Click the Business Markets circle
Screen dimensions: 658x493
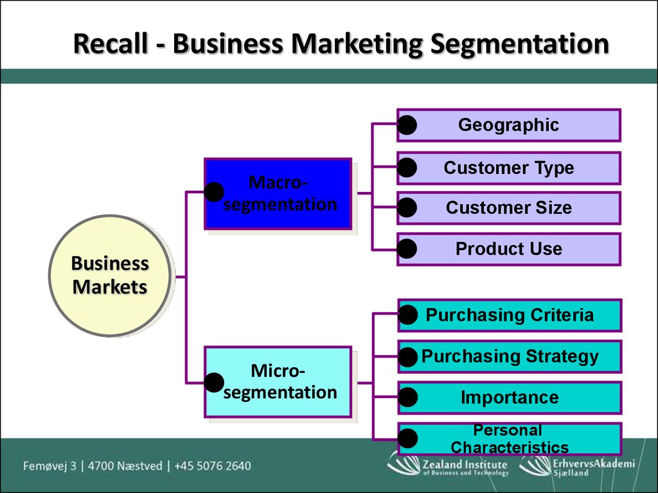pos(110,275)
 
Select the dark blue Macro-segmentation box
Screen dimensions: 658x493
pos(278,194)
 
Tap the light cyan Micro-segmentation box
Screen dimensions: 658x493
pos(278,382)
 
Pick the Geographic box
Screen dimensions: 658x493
pos(509,125)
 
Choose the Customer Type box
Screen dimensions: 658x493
pos(509,168)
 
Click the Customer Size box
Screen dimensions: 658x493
pos(509,208)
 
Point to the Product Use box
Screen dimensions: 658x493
pos(509,250)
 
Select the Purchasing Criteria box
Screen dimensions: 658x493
pos(510,315)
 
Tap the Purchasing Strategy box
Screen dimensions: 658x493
pos(510,356)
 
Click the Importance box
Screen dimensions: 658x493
pos(510,397)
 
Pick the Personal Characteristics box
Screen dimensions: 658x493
pos(510,439)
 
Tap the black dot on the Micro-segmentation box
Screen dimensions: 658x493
pos(214,383)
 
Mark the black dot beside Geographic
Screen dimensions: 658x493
pos(407,125)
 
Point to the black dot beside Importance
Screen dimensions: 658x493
pos(407,397)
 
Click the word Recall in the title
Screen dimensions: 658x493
pos(111,43)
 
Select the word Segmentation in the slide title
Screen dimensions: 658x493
pos(519,44)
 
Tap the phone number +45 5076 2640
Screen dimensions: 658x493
pos(213,466)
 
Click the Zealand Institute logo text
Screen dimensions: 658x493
pos(465,467)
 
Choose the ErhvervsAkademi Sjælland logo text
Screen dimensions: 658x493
pos(594,467)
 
